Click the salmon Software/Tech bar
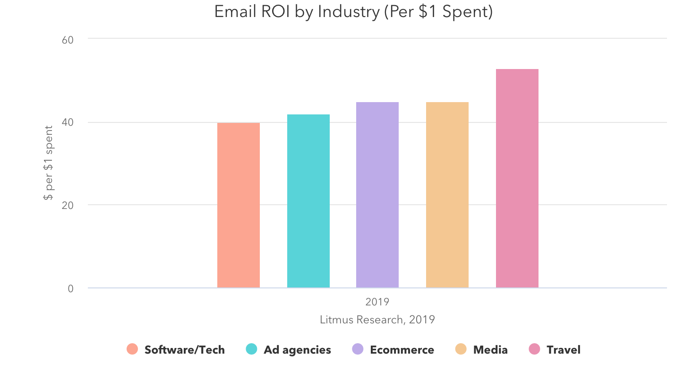(239, 205)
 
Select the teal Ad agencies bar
(308, 201)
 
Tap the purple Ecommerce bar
(377, 195)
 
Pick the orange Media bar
(447, 195)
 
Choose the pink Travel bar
(517, 178)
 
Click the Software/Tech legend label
(185, 350)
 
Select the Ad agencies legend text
(298, 350)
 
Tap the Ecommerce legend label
(402, 350)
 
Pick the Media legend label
(490, 350)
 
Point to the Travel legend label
(564, 350)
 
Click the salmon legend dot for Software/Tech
(132, 349)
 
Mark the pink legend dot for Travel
(534, 349)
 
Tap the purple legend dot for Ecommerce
(358, 349)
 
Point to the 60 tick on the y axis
(68, 39)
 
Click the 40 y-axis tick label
(68, 122)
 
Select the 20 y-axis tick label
(68, 205)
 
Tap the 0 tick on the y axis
(70, 288)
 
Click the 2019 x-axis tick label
(377, 302)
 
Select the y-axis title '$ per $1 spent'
(48, 163)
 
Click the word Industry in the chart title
(349, 12)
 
